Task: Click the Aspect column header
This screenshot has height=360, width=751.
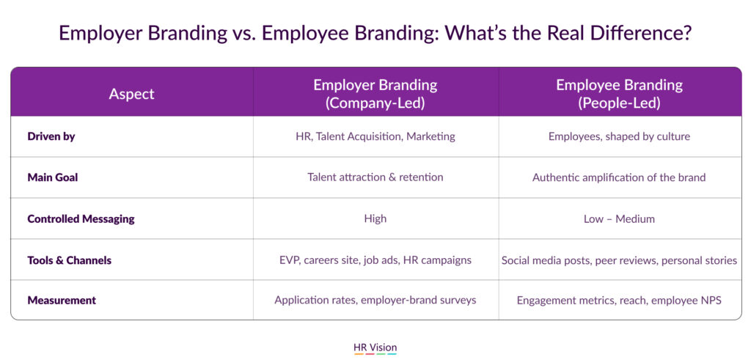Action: click(132, 94)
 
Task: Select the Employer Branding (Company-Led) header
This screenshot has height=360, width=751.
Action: click(375, 95)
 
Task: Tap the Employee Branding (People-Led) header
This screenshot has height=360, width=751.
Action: click(619, 95)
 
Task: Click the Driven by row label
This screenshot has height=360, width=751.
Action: click(51, 136)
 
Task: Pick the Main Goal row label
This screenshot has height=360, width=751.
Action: click(53, 177)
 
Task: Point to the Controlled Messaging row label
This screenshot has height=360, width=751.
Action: click(81, 219)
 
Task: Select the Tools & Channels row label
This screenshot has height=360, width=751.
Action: click(70, 260)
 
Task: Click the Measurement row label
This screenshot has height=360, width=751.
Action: click(62, 301)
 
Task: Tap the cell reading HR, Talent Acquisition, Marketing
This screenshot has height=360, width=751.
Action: click(375, 136)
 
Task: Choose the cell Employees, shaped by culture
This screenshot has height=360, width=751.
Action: click(619, 136)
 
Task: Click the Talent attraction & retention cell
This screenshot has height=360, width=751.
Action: click(375, 177)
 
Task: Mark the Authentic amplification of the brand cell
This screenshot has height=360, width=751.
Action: click(619, 177)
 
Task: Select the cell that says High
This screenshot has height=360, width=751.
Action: click(375, 218)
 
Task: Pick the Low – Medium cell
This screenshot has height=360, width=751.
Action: click(619, 219)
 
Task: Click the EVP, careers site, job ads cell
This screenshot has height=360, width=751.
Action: click(375, 260)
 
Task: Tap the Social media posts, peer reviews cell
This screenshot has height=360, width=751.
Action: click(619, 260)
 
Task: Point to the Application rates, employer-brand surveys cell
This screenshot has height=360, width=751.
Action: click(375, 301)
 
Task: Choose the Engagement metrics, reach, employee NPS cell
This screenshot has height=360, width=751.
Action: click(619, 301)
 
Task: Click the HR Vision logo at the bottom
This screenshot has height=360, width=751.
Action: click(375, 348)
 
